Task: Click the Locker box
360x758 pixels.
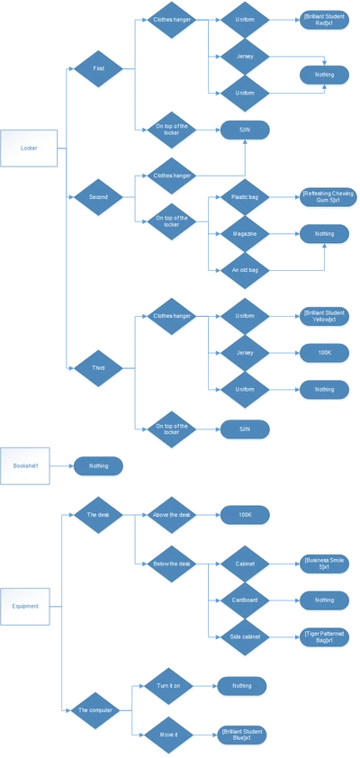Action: pos(29,148)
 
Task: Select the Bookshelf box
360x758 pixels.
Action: pos(25,465)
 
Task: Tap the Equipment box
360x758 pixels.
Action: pos(25,606)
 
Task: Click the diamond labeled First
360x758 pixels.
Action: pos(97,69)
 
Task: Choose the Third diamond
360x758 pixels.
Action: pos(97,367)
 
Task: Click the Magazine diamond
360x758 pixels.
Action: pos(245,234)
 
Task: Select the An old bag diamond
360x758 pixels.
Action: pos(245,269)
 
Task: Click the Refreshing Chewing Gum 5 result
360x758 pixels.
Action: pos(323,197)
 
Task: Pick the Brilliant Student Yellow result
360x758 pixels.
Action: pos(323,316)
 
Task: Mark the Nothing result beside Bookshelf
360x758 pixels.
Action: pos(98,466)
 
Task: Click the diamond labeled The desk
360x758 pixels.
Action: pos(97,517)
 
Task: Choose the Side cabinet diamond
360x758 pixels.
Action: pos(245,636)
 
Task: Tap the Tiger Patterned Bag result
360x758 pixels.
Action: pos(323,636)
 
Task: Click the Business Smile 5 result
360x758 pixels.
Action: pos(323,564)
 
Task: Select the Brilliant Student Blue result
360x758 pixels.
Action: pos(241,735)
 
